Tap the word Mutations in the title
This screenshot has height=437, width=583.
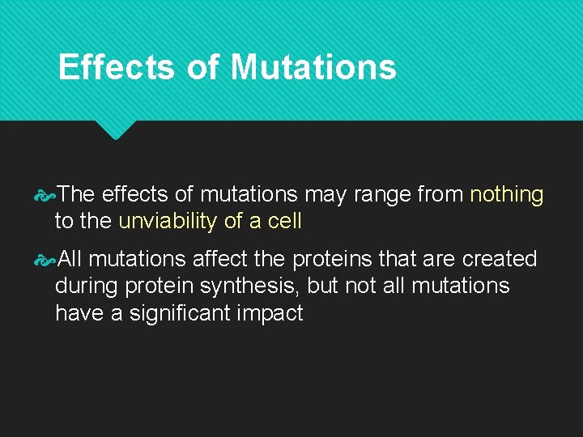313,67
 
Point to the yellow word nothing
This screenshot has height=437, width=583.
507,195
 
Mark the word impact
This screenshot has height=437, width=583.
270,312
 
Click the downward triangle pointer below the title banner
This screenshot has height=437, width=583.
116,129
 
